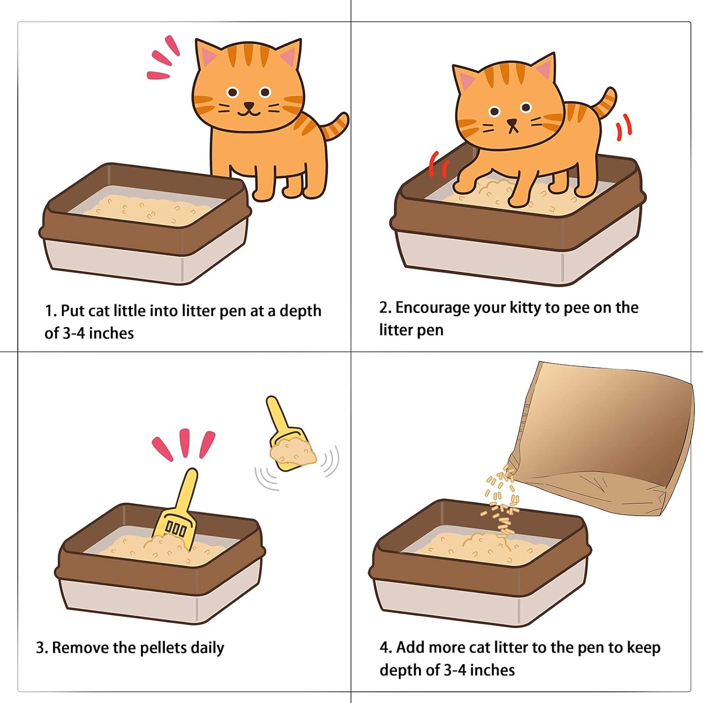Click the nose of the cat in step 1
(x=249, y=105)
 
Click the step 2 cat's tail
(x=605, y=103)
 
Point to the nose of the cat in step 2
(x=512, y=123)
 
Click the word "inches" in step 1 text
(x=111, y=333)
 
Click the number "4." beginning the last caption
(x=386, y=647)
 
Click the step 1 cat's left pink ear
(x=209, y=57)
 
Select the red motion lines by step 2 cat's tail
(x=624, y=127)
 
